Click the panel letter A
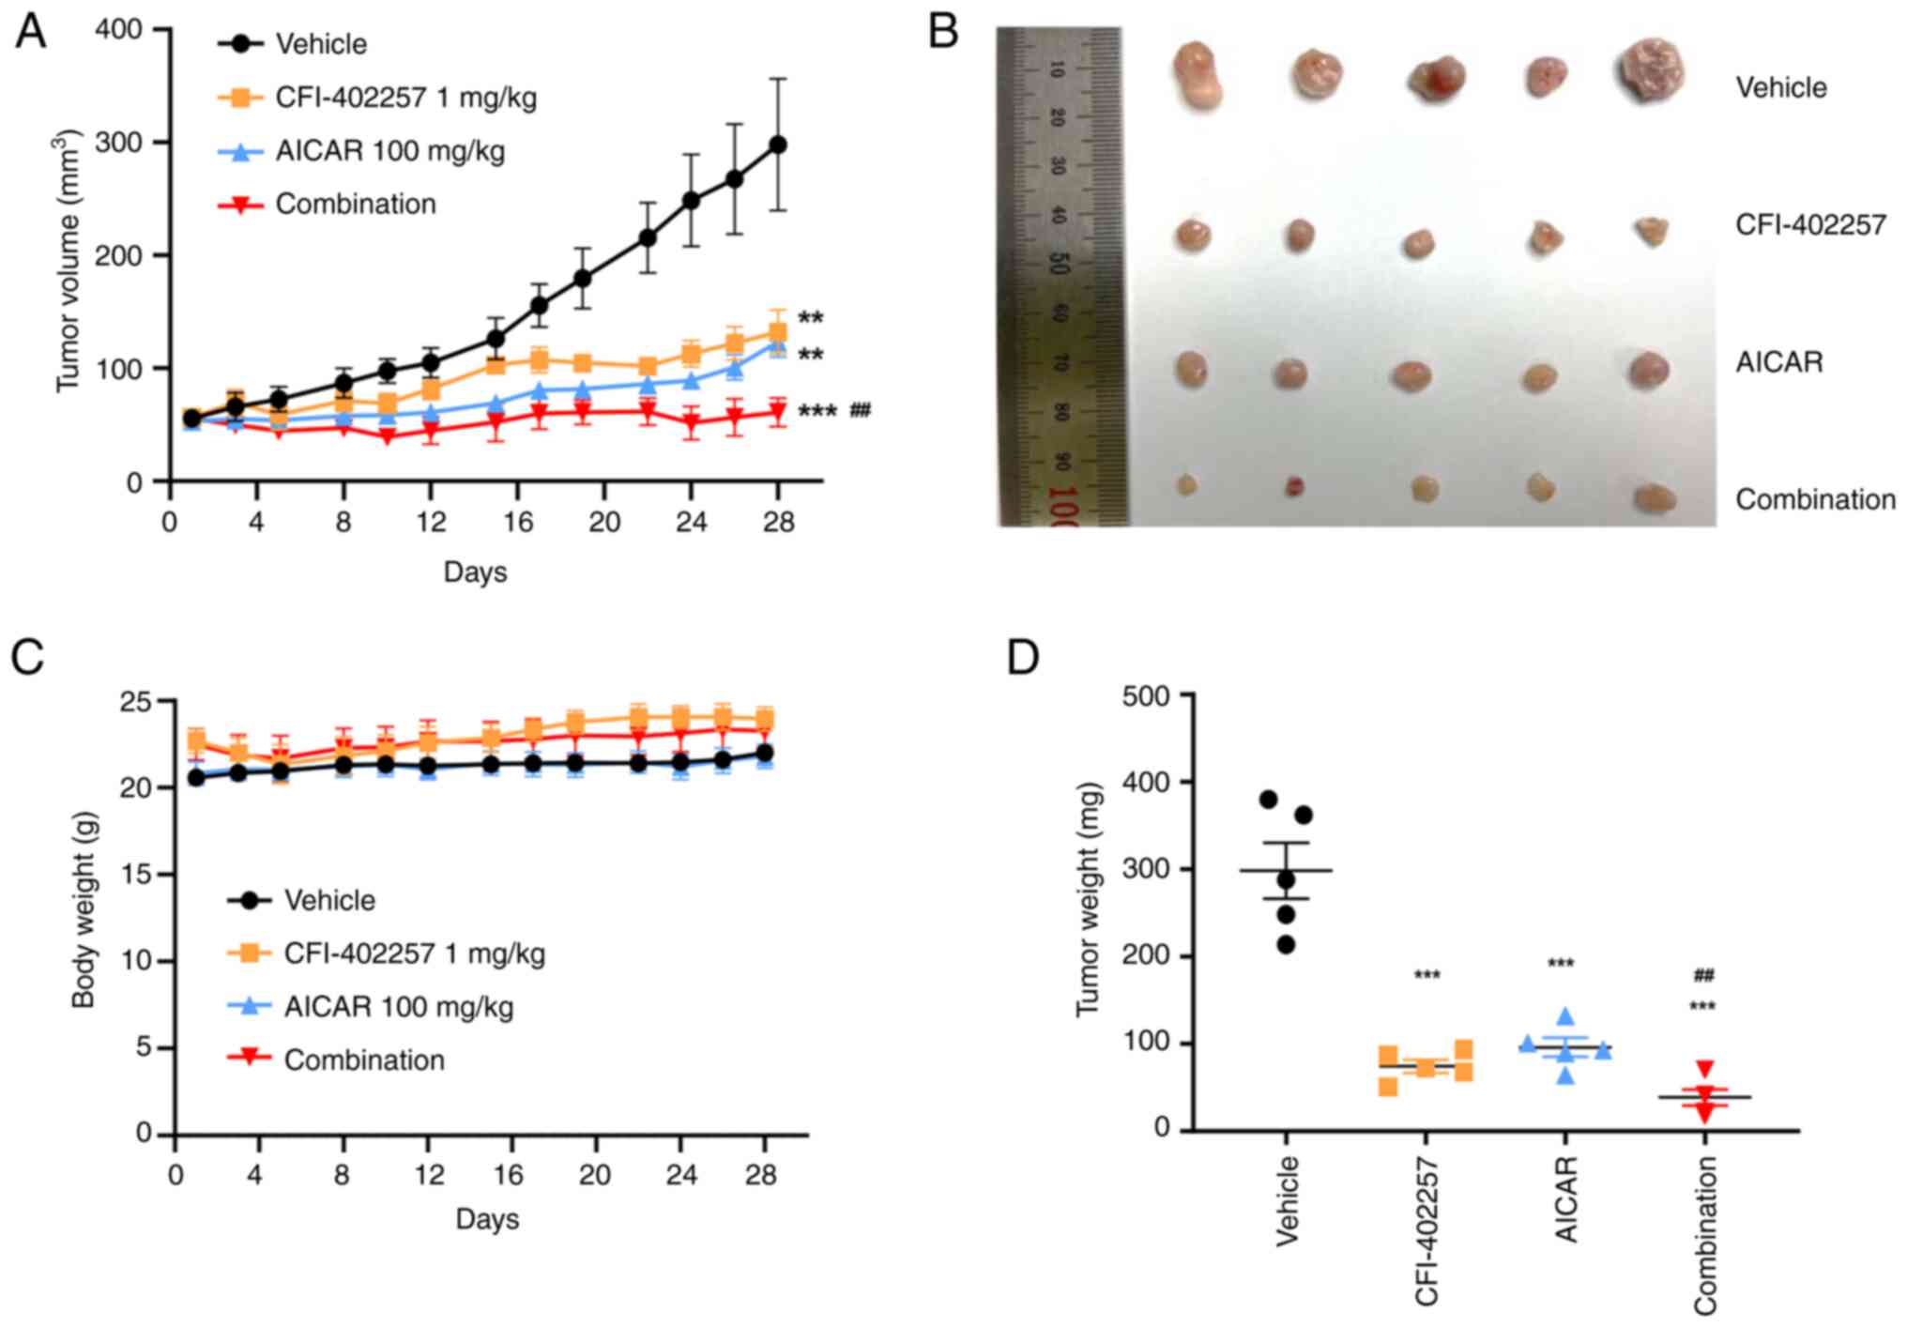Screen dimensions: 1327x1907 click(x=30, y=32)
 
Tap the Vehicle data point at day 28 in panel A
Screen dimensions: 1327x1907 click(x=777, y=145)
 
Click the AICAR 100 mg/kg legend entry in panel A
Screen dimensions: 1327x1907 click(x=389, y=151)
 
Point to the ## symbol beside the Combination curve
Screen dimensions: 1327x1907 click(x=860, y=410)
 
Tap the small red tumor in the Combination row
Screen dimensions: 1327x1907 click(x=1295, y=486)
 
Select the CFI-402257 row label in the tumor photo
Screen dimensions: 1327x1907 click(x=1810, y=225)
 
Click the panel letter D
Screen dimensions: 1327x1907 click(x=1023, y=657)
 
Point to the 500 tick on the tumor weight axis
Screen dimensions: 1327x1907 click(x=1148, y=695)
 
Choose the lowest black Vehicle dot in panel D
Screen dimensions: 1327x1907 click(x=1287, y=945)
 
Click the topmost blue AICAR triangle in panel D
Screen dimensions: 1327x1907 click(x=1565, y=1016)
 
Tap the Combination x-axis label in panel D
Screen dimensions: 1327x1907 click(x=1705, y=1235)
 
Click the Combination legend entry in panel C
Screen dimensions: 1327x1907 click(x=364, y=1060)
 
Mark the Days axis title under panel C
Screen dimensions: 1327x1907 click(x=487, y=1219)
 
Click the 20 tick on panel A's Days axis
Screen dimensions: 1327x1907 click(x=603, y=521)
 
